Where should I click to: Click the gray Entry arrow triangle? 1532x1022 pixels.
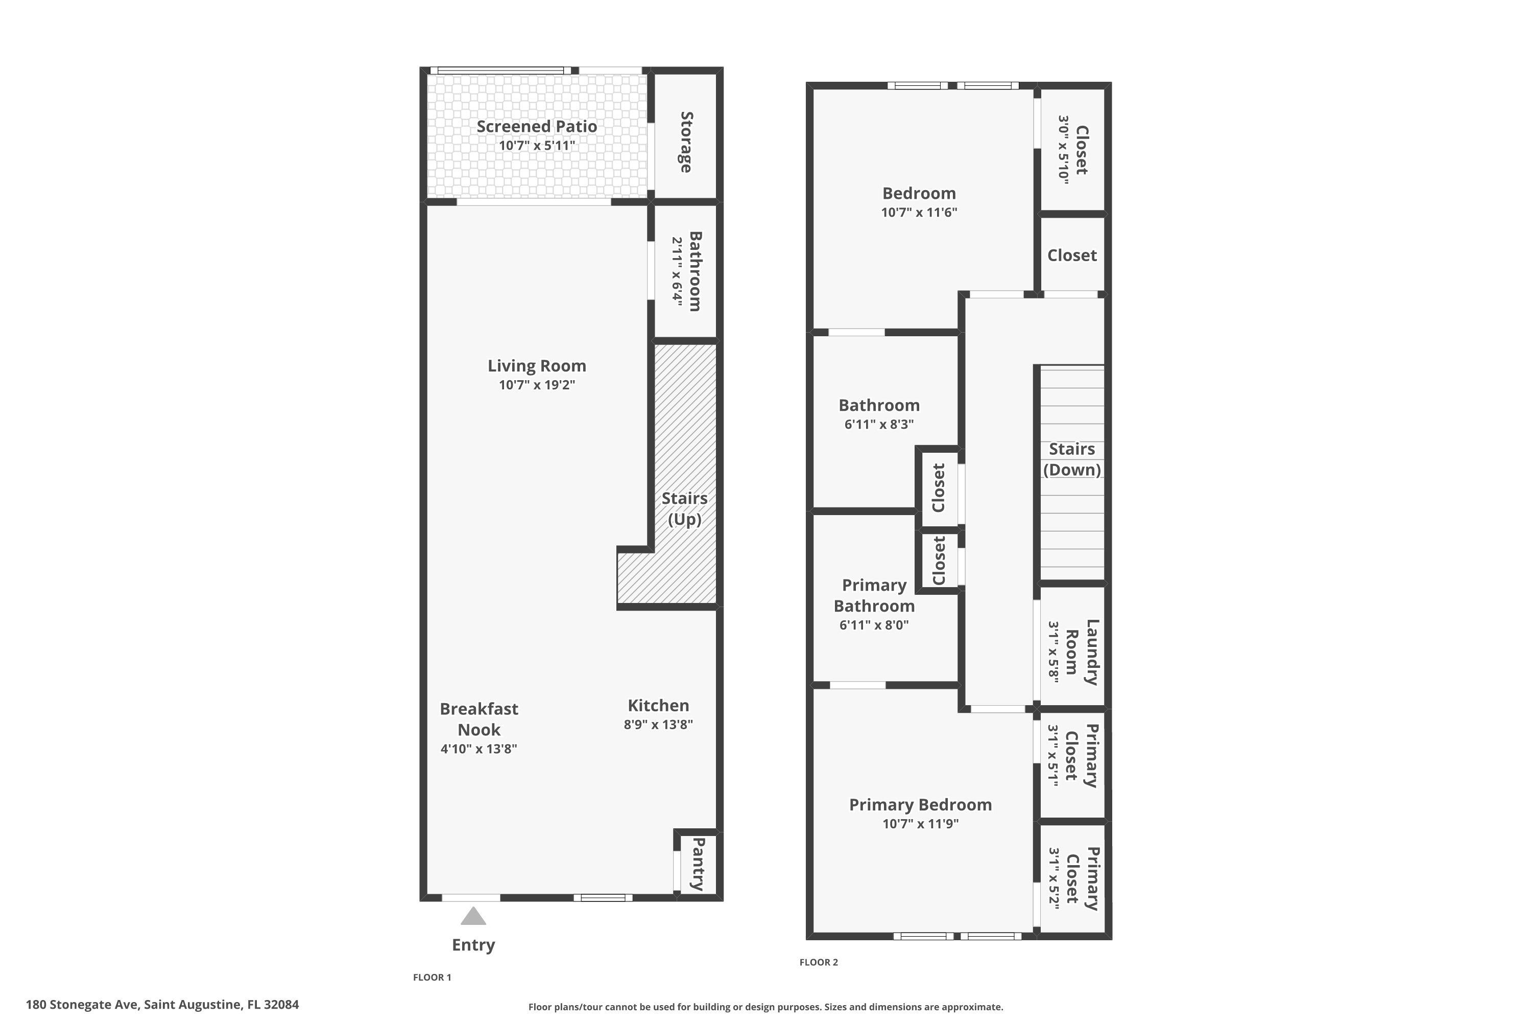pyautogui.click(x=473, y=916)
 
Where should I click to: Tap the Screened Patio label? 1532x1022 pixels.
pyautogui.click(x=537, y=126)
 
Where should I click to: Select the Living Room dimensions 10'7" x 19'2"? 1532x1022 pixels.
pyautogui.click(x=537, y=385)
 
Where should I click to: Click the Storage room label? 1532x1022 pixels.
pyautogui.click(x=686, y=142)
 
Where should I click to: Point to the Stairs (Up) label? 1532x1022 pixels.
pyautogui.click(x=685, y=509)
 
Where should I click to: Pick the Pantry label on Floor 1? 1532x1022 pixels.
pyautogui.click(x=698, y=864)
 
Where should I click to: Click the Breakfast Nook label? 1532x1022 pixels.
pyautogui.click(x=479, y=719)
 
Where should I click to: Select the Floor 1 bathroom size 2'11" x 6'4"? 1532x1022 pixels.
pyautogui.click(x=678, y=272)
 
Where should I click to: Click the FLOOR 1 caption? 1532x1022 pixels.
pyautogui.click(x=432, y=977)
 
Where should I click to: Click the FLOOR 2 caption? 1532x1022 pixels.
pyautogui.click(x=819, y=962)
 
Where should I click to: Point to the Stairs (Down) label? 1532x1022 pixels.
pyautogui.click(x=1072, y=459)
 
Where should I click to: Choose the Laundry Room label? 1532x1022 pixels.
pyautogui.click(x=1083, y=652)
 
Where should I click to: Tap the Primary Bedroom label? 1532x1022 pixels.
pyautogui.click(x=920, y=805)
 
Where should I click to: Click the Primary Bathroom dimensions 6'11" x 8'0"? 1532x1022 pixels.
pyautogui.click(x=874, y=624)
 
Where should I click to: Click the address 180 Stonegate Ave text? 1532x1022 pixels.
pyautogui.click(x=82, y=1005)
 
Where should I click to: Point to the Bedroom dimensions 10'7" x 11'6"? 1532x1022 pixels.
pyautogui.click(x=919, y=212)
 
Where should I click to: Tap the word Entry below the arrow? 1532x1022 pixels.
pyautogui.click(x=473, y=945)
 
